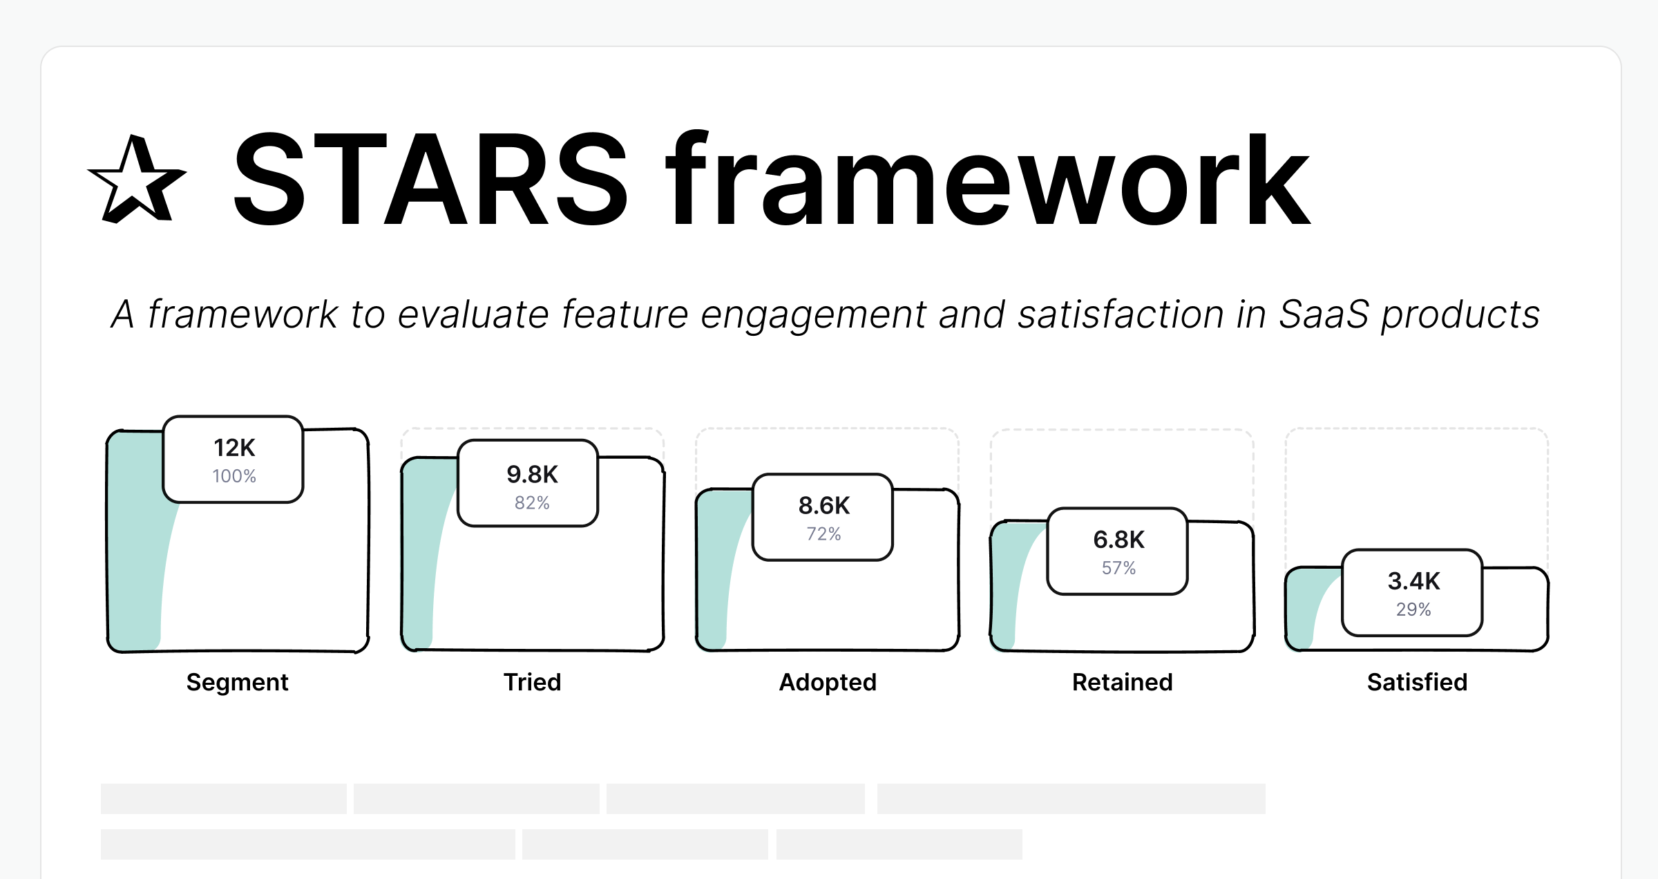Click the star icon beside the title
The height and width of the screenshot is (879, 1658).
pos(137,181)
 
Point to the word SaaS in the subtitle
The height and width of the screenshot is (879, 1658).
pos(1324,314)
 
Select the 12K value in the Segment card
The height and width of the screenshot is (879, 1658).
pos(234,448)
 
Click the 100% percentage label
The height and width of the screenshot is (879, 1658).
pos(234,476)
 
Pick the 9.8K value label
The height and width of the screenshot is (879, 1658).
pos(532,474)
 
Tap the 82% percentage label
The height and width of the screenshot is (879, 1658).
pos(532,503)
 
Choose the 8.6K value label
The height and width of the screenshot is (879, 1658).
pos(824,506)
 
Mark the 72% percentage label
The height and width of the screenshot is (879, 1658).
pos(824,534)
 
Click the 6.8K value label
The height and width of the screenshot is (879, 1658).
pos(1119,540)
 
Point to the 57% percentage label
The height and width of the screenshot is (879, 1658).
pos(1119,568)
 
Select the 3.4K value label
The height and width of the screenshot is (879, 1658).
pos(1414,581)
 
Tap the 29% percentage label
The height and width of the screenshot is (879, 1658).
pos(1414,609)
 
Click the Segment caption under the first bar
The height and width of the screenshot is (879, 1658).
pos(238,682)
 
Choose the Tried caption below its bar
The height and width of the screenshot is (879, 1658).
pos(533,682)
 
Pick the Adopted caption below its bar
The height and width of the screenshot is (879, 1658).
pos(828,682)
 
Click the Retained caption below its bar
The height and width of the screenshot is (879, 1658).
pos(1123,682)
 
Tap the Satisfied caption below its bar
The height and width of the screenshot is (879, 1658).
pos(1418,682)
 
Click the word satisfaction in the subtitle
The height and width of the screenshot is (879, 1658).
pos(1121,314)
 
